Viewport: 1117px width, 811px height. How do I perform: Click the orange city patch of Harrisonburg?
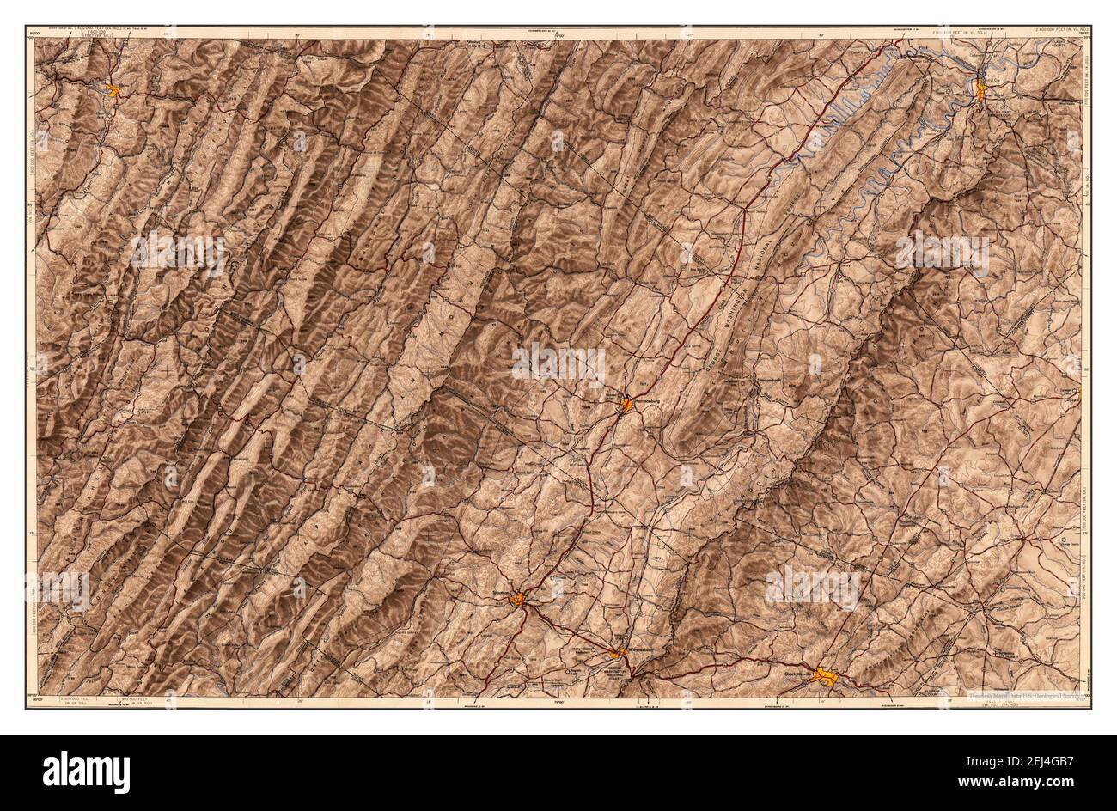tap(628, 404)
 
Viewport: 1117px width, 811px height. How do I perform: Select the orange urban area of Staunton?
tap(518, 600)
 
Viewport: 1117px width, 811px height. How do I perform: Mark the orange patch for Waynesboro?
tap(618, 653)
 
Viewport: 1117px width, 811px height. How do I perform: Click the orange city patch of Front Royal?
tap(980, 89)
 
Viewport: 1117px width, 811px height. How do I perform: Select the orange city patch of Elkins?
tap(113, 88)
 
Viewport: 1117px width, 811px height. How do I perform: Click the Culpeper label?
tap(1071, 386)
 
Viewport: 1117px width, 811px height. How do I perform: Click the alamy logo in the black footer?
tap(77, 766)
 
